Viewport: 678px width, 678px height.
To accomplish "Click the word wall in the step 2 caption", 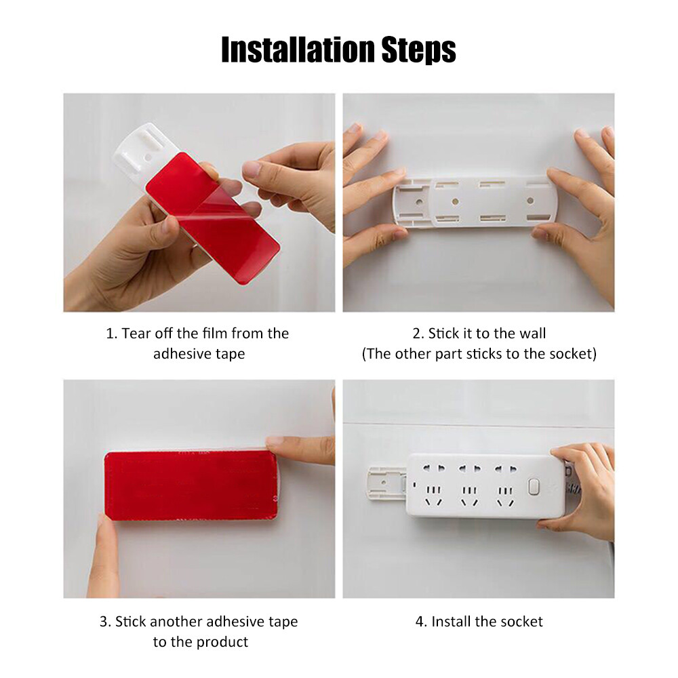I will click(x=531, y=334).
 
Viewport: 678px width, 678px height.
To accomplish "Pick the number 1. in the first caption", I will click(x=112, y=334).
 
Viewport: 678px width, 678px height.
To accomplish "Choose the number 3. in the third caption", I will click(x=105, y=621).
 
